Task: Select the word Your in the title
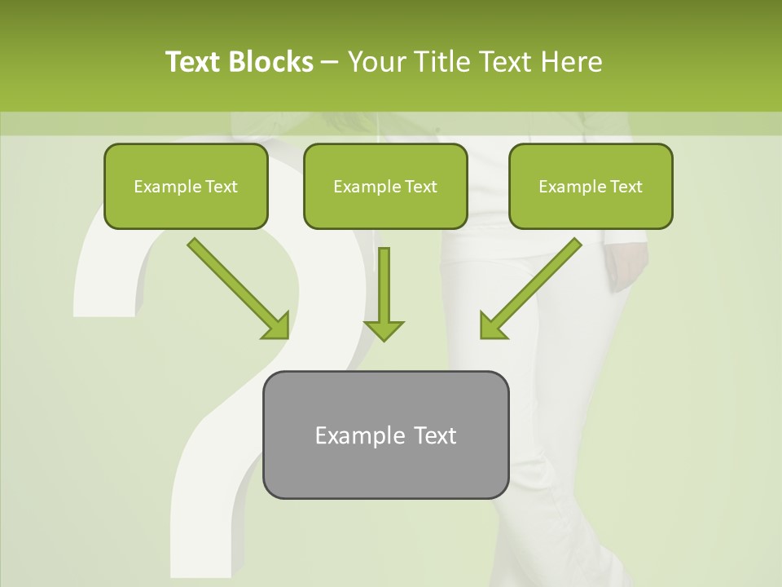(375, 62)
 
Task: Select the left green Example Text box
(186, 187)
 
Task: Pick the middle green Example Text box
(385, 187)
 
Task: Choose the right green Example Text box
(591, 187)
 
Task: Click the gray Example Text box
(385, 435)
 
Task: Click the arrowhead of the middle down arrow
(384, 329)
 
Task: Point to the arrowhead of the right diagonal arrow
(490, 326)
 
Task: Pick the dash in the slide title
(330, 63)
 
